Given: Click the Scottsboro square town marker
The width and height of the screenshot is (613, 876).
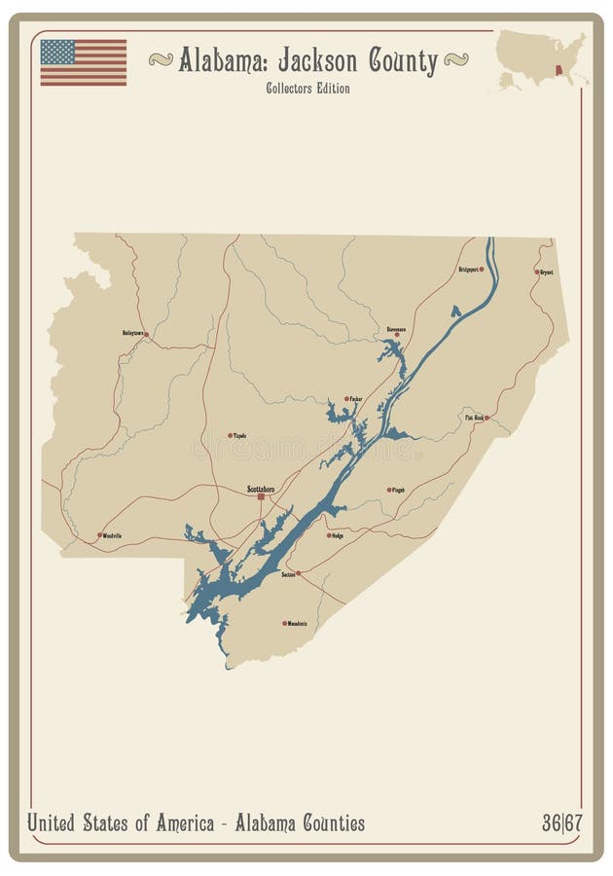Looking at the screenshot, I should pos(261,496).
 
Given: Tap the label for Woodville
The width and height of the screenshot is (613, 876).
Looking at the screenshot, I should pos(112,535).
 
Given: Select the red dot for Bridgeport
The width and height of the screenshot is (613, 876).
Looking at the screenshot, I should pos(482,269).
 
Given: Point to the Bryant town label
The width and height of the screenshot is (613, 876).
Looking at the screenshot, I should pos(546,273).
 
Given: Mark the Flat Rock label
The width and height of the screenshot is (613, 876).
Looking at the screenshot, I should pos(474,418).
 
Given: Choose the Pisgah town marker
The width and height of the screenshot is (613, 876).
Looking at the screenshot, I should pos(389,490).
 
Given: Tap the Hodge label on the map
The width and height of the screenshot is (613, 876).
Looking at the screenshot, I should pos(338,535).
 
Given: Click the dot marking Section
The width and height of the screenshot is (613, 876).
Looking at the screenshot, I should pos(298,573).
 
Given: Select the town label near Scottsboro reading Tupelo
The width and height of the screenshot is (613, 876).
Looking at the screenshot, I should pos(239,435).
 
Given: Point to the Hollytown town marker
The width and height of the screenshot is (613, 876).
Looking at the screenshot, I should pos(146,334).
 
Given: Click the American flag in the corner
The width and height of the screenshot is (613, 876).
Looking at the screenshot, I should pos(83,62).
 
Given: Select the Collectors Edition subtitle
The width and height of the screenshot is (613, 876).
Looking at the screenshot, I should pos(307,89).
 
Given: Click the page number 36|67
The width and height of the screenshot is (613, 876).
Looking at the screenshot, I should pos(561,823).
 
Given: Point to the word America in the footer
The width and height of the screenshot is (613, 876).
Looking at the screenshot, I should pos(179,823).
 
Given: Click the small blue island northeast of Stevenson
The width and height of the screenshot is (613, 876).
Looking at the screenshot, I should pos(454,311).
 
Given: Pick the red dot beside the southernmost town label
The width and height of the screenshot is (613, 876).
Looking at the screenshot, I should pos(284,623).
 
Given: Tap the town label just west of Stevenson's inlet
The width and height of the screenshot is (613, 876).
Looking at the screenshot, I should pos(356,398).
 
